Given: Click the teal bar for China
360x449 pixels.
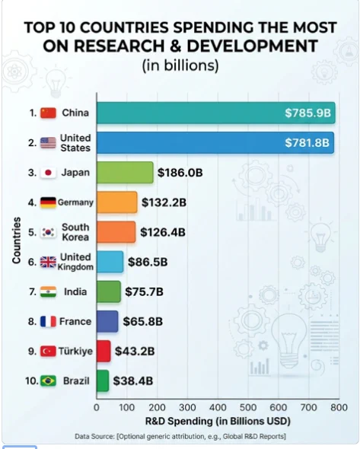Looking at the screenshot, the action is pyautogui.click(x=216, y=113).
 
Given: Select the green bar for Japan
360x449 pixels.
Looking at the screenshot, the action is pyautogui.click(x=125, y=173).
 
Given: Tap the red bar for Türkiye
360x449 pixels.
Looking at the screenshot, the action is pyautogui.click(x=104, y=351).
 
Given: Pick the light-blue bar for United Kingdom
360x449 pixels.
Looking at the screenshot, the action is pyautogui.click(x=110, y=262).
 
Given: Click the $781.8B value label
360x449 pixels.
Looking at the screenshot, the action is pyautogui.click(x=307, y=142).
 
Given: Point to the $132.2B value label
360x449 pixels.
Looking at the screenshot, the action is pyautogui.click(x=164, y=202).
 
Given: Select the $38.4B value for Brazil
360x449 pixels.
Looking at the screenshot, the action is pyautogui.click(x=133, y=381).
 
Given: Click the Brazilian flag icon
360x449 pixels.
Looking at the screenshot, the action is pyautogui.click(x=48, y=381).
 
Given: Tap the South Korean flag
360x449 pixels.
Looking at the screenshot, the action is pyautogui.click(x=48, y=232).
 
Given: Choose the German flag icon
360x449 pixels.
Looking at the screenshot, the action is pyautogui.click(x=48, y=202).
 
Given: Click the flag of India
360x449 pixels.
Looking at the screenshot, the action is pyautogui.click(x=48, y=291).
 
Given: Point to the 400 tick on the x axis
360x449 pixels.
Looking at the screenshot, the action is pyautogui.click(x=218, y=407).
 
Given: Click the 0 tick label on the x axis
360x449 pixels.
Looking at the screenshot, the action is pyautogui.click(x=97, y=407).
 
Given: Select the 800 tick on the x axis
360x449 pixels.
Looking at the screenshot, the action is pyautogui.click(x=339, y=407).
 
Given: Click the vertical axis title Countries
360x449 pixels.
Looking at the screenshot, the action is pyautogui.click(x=17, y=240).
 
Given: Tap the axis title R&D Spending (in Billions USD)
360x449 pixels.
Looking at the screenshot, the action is pyautogui.click(x=218, y=422).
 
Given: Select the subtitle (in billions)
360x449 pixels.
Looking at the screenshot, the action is pyautogui.click(x=180, y=65).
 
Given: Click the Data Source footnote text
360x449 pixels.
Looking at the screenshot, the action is pyautogui.click(x=180, y=436).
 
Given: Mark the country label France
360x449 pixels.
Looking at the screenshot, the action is pyautogui.click(x=75, y=321).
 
